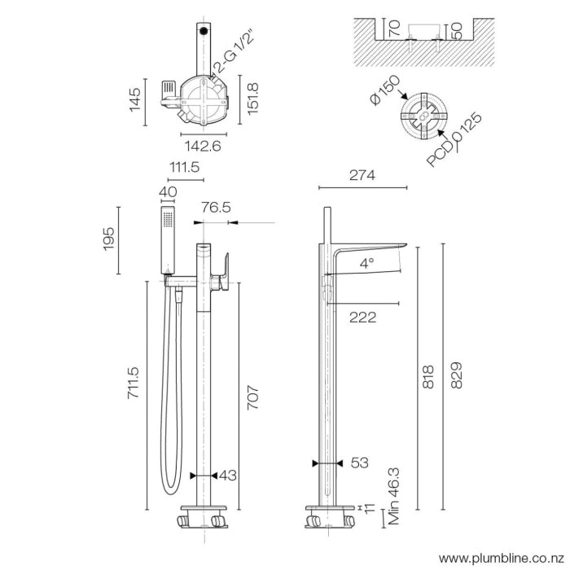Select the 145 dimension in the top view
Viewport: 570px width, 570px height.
134,101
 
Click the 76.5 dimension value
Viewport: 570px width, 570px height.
216,208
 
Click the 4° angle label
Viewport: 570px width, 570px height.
367,263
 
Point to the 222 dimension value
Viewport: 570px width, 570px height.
362,318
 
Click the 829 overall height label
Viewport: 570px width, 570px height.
457,377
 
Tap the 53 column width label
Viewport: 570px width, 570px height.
359,463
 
